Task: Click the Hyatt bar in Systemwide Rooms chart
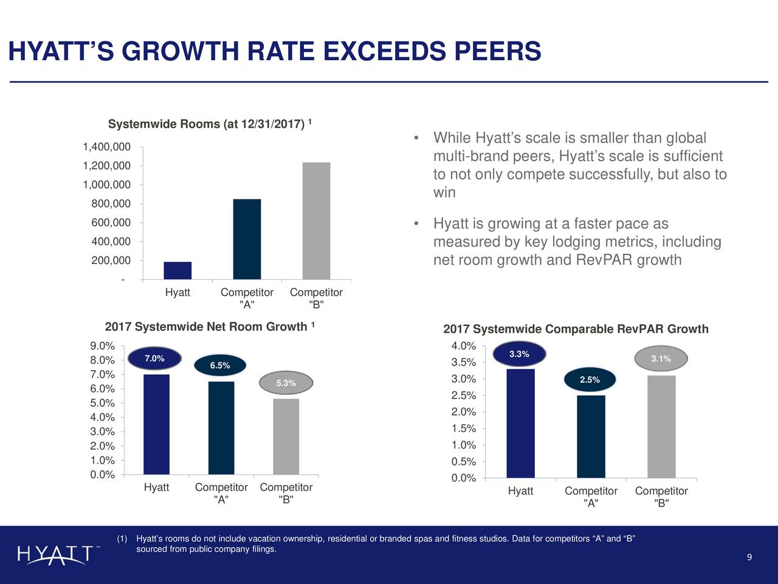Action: point(177,271)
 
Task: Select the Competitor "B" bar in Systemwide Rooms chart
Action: point(316,221)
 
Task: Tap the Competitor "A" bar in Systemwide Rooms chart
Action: point(247,239)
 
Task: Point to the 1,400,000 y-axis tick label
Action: point(107,147)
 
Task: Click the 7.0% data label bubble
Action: point(154,358)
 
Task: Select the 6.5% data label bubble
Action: point(220,365)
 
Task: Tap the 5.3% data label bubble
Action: point(286,383)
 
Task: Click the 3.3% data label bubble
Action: point(519,354)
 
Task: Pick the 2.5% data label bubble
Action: point(590,380)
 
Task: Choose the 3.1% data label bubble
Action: point(661,359)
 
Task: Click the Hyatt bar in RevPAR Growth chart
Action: point(520,423)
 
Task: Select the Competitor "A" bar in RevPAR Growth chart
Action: point(591,437)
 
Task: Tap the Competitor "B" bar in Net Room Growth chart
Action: point(286,436)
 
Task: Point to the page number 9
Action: point(749,558)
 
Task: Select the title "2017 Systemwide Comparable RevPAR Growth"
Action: point(576,329)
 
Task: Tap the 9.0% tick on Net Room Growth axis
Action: point(102,346)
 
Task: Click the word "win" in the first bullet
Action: point(444,193)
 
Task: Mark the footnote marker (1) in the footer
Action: point(122,539)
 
